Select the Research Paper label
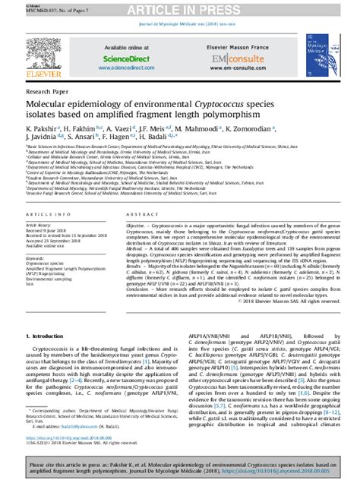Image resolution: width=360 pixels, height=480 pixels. [x=48, y=90]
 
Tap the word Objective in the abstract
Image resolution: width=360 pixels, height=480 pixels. [x=137, y=226]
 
